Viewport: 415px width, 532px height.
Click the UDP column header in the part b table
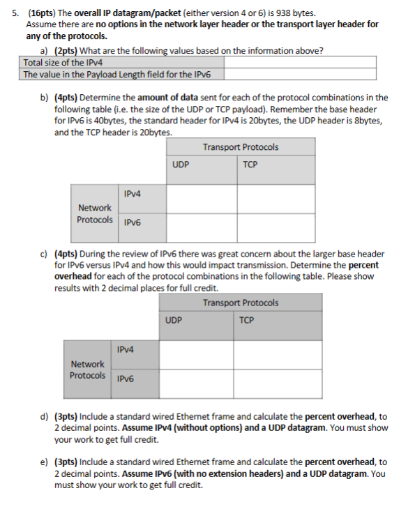(181, 165)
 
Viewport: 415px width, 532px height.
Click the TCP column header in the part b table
(251, 165)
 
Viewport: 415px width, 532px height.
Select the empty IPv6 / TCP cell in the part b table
(276, 225)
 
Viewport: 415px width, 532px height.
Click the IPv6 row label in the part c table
(126, 379)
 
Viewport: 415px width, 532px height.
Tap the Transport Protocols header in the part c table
(241, 303)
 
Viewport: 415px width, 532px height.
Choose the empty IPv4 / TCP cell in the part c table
(278, 354)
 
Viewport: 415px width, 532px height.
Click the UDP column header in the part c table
(174, 321)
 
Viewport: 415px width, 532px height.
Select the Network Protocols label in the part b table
(95, 213)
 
